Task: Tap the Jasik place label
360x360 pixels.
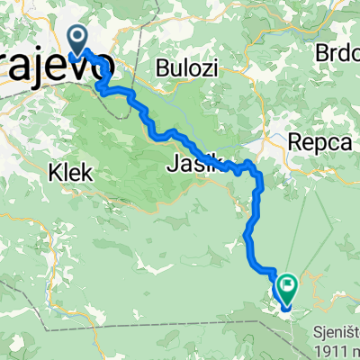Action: point(192,165)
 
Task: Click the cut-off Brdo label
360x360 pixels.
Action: point(337,54)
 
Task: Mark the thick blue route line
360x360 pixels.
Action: point(144,111)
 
